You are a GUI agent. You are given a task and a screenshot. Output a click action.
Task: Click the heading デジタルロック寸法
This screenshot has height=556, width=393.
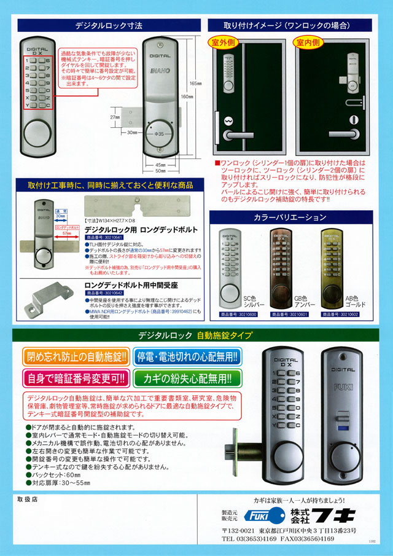click(x=109, y=26)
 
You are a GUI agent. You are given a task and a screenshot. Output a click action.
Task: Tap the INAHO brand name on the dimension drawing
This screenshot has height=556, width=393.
click(x=160, y=72)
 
